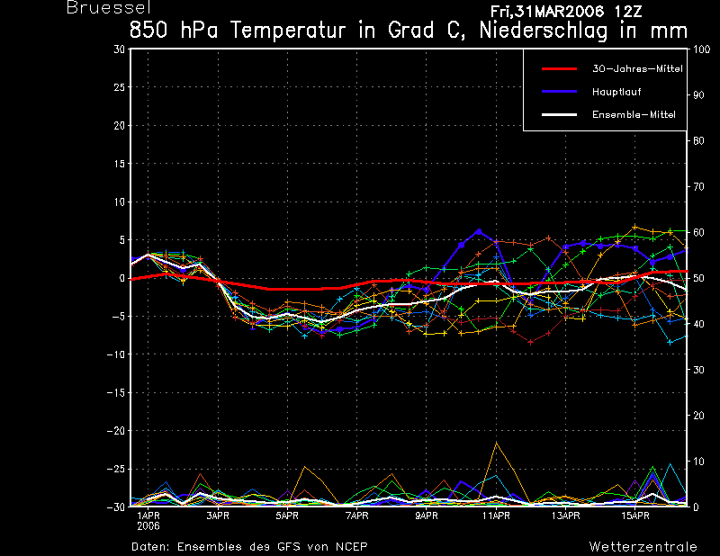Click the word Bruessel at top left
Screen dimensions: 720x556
108,7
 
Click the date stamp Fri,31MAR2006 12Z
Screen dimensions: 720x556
566,12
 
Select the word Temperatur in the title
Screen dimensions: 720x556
287,31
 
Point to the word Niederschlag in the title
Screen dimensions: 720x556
544,31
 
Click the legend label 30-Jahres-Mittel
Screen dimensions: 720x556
637,69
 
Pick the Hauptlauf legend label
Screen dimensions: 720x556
616,92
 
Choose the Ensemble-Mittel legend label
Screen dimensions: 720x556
634,114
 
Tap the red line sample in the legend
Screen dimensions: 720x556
559,69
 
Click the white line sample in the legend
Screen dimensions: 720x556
559,114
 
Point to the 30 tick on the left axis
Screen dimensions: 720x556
120,49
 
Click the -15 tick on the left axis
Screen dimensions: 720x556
116,392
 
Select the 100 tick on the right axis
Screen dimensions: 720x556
701,49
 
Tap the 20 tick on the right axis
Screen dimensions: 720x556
698,416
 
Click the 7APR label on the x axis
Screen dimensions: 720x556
356,516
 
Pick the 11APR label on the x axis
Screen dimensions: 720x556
496,516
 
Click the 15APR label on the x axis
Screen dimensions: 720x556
635,516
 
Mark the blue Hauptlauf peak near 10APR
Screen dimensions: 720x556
479,231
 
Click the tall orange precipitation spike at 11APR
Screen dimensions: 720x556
496,443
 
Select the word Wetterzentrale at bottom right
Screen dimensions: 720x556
643,547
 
